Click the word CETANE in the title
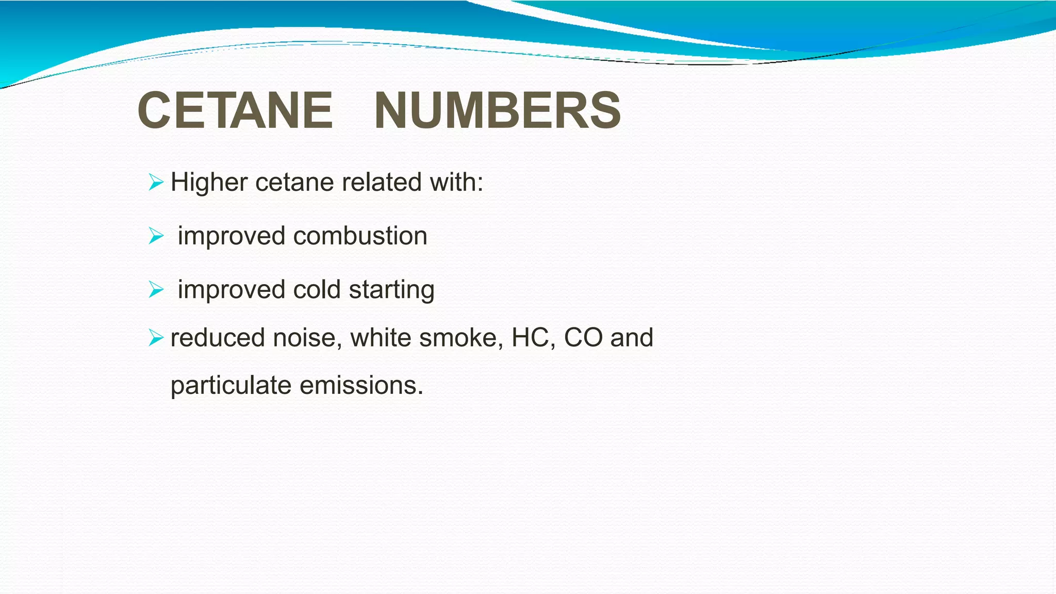[235, 110]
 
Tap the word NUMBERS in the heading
[497, 110]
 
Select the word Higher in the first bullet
[209, 183]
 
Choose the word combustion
[360, 236]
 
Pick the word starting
[392, 290]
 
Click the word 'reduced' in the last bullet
[218, 338]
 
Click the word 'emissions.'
[361, 386]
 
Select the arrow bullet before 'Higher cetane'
[155, 182]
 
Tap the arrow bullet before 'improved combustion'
[155, 236]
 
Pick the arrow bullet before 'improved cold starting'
[155, 289]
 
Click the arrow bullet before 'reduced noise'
[155, 338]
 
